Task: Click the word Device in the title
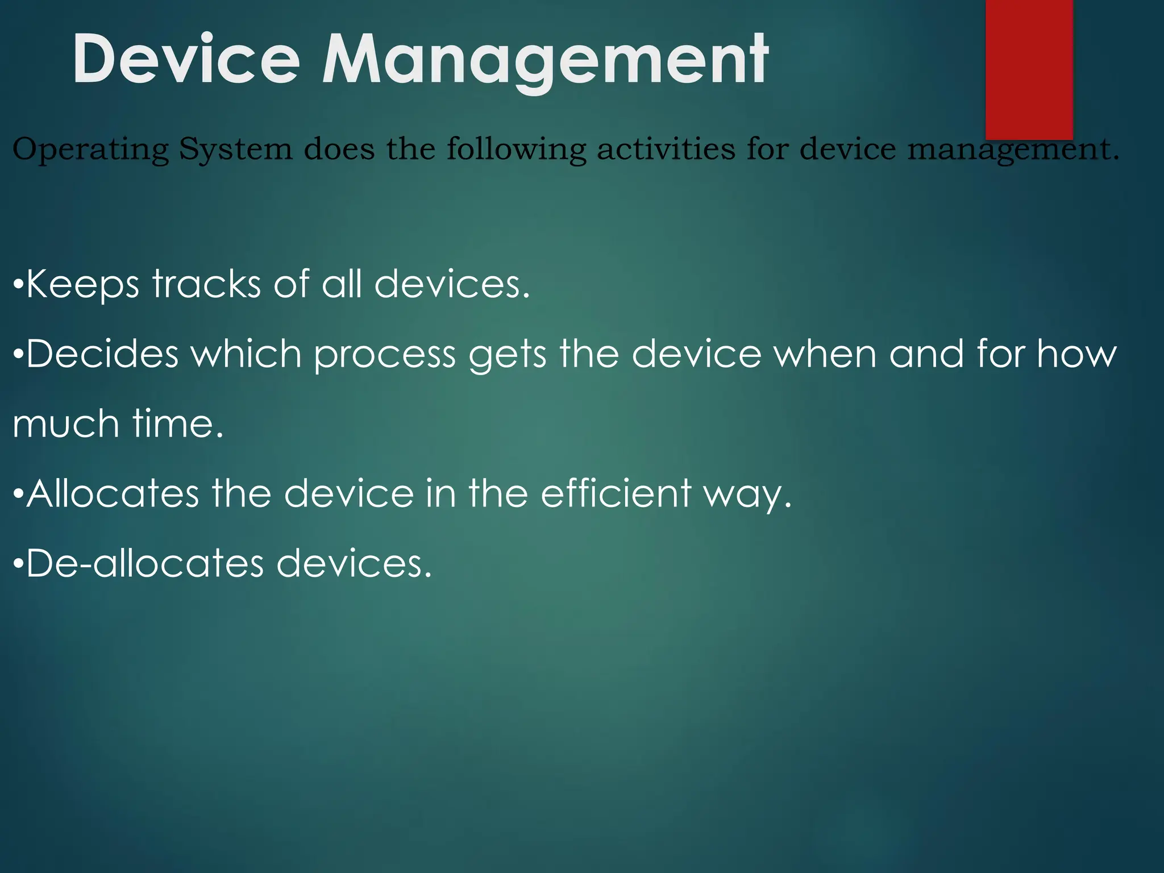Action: click(x=186, y=60)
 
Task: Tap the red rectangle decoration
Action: click(x=1029, y=68)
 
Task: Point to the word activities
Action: click(x=666, y=149)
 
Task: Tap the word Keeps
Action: click(x=82, y=284)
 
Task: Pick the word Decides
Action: click(x=102, y=354)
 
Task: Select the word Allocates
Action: click(x=113, y=493)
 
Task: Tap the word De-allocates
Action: click(x=145, y=563)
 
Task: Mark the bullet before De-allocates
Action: click(x=18, y=564)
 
